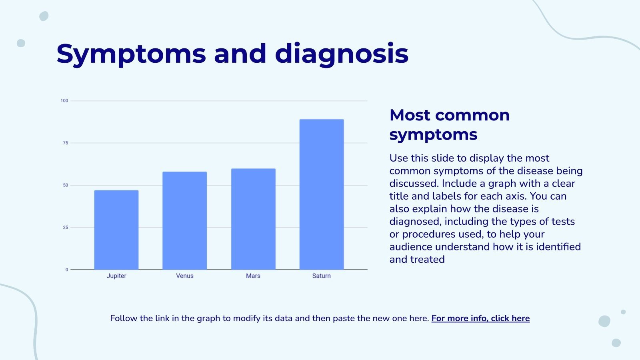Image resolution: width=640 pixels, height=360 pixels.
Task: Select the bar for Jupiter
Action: [x=116, y=230]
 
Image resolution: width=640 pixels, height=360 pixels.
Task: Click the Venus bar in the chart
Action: [x=185, y=221]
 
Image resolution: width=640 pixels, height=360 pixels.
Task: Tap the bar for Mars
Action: [x=253, y=219]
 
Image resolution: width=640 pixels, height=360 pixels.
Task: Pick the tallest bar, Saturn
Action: [x=322, y=194]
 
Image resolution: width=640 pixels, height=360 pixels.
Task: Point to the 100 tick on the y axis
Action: [x=64, y=101]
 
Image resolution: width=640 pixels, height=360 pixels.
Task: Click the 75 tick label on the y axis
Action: [x=66, y=143]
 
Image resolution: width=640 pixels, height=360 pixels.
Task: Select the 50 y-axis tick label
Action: [x=66, y=185]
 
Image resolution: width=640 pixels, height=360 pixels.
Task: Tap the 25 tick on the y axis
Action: [x=66, y=228]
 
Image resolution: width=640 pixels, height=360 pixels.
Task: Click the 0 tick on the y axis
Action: [x=67, y=270]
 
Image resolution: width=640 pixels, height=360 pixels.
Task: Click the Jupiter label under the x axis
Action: [x=116, y=276]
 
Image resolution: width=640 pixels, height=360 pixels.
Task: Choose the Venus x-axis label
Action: [x=185, y=276]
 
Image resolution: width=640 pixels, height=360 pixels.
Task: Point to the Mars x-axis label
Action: [x=253, y=276]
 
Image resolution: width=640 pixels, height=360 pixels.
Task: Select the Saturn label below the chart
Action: [x=322, y=276]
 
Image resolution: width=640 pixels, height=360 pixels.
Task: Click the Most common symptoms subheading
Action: [x=449, y=125]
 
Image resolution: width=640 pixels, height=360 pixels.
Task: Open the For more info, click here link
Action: [x=480, y=318]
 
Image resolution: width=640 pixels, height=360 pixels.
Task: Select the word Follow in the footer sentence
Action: [x=124, y=318]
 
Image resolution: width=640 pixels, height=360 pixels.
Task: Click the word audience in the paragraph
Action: [x=411, y=247]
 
